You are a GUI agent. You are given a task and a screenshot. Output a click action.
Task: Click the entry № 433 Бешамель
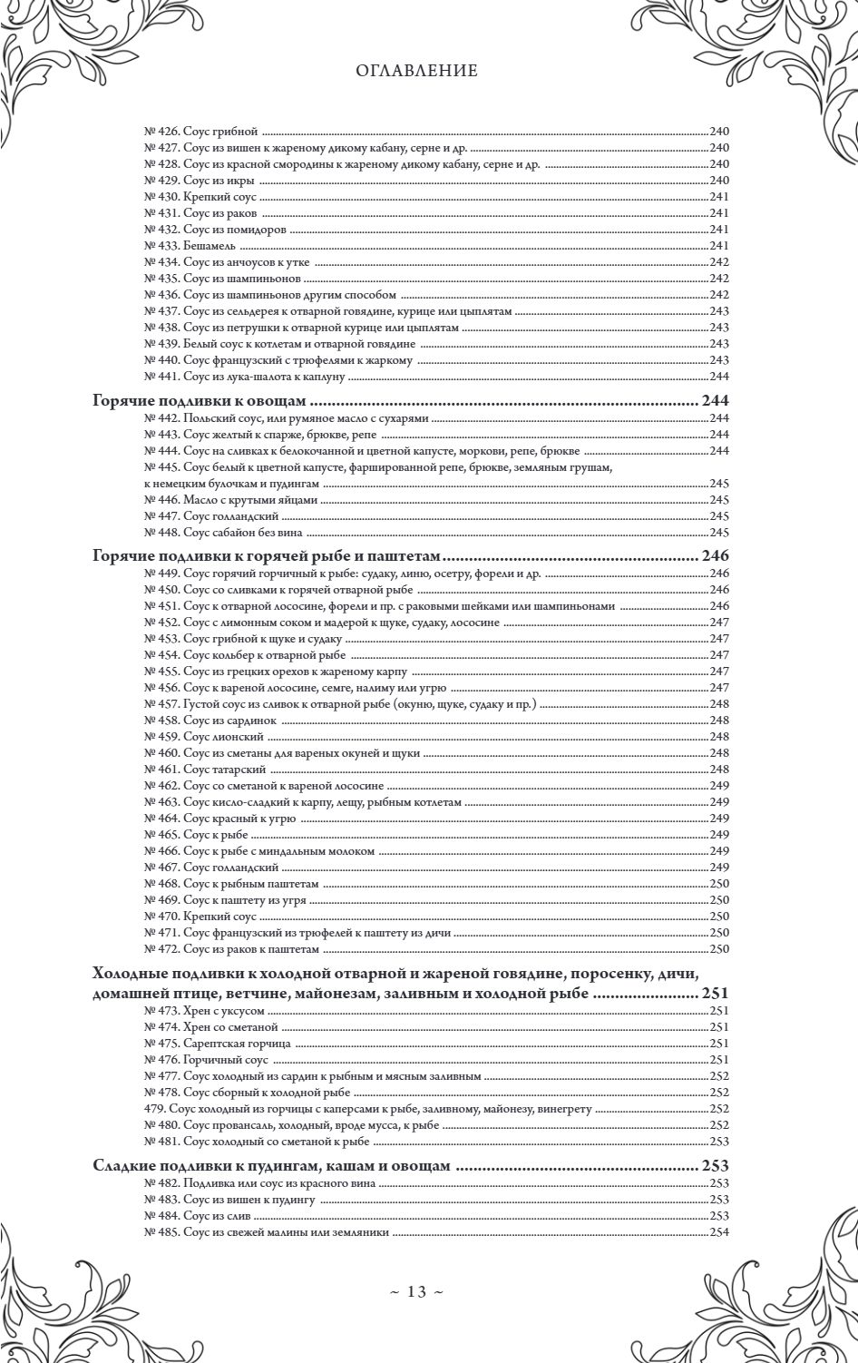[x=190, y=245]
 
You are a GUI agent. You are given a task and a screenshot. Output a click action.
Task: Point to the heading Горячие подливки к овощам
[x=204, y=400]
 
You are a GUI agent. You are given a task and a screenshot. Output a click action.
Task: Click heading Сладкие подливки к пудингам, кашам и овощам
[x=271, y=1166]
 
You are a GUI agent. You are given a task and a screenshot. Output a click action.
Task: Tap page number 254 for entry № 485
[x=719, y=1231]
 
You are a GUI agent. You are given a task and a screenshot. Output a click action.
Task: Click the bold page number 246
[x=716, y=555]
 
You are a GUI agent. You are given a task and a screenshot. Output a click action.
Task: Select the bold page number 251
[x=716, y=994]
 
